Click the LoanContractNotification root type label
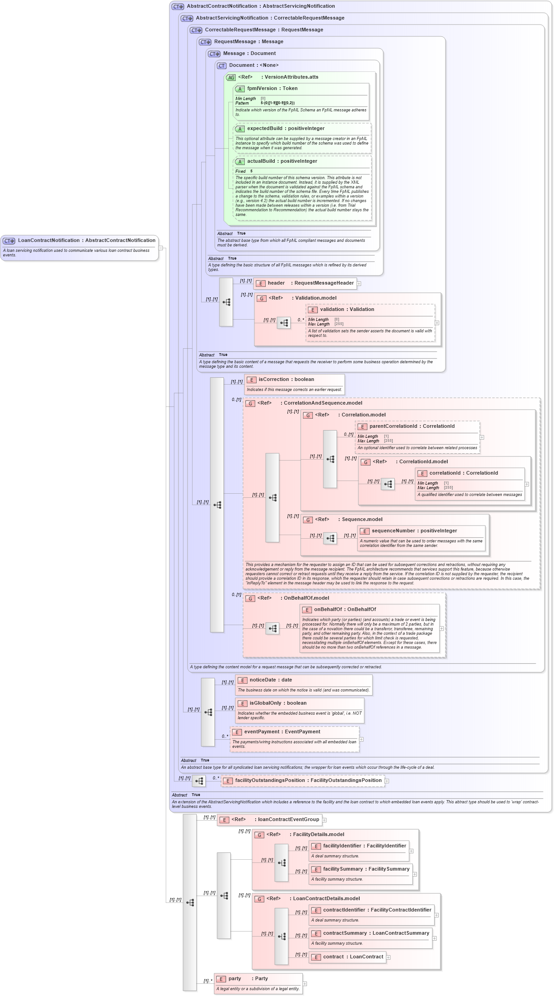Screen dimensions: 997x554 [x=86, y=240]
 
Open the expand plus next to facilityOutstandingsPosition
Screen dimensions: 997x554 [x=387, y=781]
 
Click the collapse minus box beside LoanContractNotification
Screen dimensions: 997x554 [x=160, y=248]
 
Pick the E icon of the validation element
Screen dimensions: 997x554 [x=312, y=310]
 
